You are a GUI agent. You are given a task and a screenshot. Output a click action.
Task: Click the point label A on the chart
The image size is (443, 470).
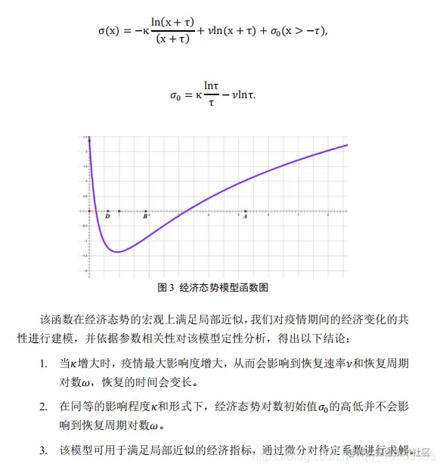tap(246, 217)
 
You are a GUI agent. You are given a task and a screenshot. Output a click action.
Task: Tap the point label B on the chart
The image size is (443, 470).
tap(145, 217)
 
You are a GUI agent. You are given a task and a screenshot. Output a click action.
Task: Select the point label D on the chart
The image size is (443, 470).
tap(108, 217)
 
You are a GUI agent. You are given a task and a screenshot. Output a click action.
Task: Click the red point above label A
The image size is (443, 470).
tap(246, 211)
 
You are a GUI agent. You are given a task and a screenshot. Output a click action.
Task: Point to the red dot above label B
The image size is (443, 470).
tap(146, 211)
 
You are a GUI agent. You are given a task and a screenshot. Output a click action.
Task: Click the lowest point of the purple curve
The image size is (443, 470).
tap(118, 252)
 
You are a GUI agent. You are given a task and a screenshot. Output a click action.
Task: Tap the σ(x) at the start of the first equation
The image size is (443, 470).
tap(111, 32)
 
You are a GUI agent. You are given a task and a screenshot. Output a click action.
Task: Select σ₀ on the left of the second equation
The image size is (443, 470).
tap(175, 96)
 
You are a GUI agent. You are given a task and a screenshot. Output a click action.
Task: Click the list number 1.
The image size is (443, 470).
tap(45, 363)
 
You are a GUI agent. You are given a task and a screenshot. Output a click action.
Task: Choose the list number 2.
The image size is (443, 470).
tap(45, 407)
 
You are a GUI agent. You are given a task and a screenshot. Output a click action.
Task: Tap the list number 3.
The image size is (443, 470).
tap(45, 451)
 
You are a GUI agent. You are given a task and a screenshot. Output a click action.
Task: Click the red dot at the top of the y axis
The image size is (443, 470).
tap(89, 141)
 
